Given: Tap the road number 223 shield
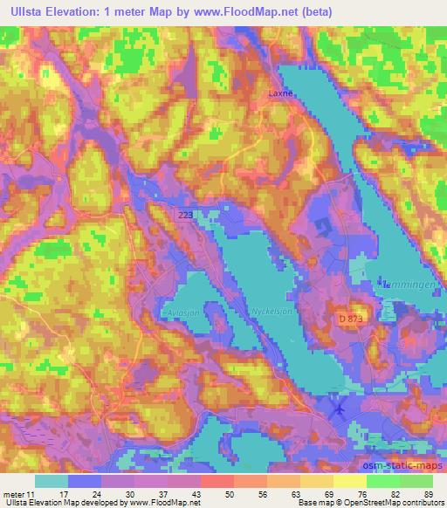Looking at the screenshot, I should (x=184, y=214).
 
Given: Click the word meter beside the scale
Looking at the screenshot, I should (x=15, y=493).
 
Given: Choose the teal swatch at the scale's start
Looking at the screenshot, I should (x=52, y=481).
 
